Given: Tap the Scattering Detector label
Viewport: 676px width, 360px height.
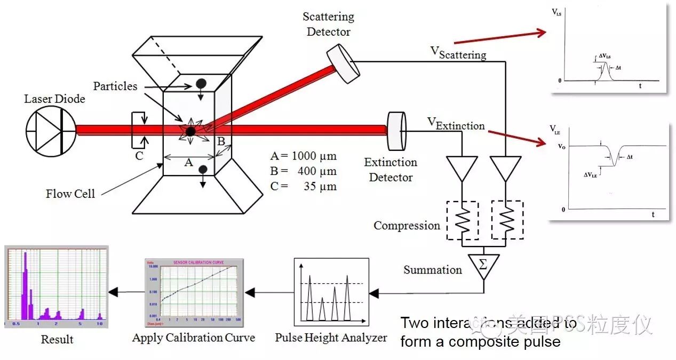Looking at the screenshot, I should click(x=328, y=25).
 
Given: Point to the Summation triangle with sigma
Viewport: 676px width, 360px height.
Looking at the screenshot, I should click(x=483, y=265).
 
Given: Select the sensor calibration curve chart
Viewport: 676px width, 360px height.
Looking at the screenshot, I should click(x=194, y=292).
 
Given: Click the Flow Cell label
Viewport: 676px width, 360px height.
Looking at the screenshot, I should click(x=70, y=194).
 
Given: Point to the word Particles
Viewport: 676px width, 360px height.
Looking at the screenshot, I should click(x=115, y=86).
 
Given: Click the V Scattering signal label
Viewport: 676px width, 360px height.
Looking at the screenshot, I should click(x=458, y=53).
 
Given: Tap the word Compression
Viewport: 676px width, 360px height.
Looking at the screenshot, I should click(x=407, y=226).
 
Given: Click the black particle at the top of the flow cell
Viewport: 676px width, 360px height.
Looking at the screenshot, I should click(x=201, y=83).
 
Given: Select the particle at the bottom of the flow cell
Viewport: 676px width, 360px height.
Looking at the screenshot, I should click(x=203, y=170).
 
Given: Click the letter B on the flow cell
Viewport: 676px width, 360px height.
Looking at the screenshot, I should click(x=220, y=141).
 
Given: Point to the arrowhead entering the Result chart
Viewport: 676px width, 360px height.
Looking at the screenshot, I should click(x=113, y=292).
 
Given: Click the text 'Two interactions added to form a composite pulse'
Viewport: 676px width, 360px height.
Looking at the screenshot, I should click(x=488, y=332).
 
